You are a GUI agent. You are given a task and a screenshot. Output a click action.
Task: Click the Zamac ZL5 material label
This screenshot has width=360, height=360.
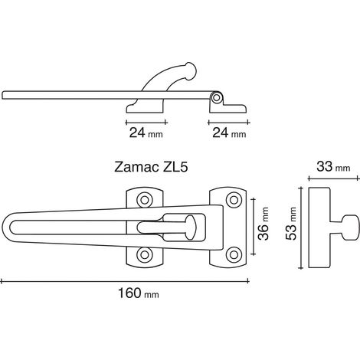coord(151,167)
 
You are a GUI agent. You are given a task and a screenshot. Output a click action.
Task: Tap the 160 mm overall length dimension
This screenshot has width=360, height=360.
coord(138,293)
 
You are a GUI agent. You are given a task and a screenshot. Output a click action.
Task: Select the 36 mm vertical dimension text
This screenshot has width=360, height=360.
coord(263,224)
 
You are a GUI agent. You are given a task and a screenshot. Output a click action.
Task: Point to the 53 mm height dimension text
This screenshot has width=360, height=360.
coord(291,224)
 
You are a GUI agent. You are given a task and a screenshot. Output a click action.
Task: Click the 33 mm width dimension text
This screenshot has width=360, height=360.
coord(333,167)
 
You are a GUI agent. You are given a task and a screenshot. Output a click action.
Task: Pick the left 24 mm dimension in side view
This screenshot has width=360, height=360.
coord(146,133)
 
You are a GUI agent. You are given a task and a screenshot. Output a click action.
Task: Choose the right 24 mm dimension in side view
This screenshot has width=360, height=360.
coord(229,133)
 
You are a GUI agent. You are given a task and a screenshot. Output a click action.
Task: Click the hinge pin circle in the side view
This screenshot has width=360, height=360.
coord(217,98)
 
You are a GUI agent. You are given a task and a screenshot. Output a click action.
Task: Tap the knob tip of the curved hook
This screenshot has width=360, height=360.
coord(191,70)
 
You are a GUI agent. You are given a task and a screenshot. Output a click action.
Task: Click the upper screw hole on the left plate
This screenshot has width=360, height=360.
coord(145,200)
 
